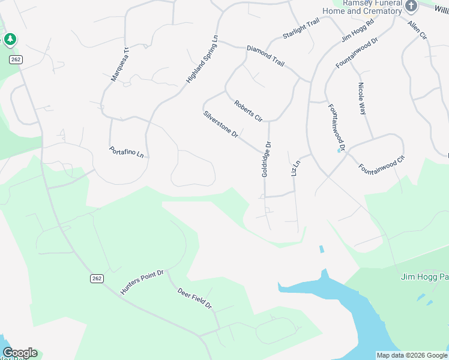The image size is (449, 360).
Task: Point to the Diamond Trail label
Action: (265, 55)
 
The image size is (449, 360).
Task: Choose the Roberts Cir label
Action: (249, 110)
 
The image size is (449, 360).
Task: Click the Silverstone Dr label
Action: (221, 125)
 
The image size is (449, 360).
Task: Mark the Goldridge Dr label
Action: (267, 159)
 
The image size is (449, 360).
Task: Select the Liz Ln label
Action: (295, 167)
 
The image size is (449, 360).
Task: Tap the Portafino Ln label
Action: (127, 152)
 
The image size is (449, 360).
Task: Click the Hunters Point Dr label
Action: (142, 282)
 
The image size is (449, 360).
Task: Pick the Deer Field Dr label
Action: (195, 298)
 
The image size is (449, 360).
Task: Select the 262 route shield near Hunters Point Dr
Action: (97, 278)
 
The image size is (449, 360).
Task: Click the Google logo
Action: (20, 353)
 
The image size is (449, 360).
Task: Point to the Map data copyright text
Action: (412, 355)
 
